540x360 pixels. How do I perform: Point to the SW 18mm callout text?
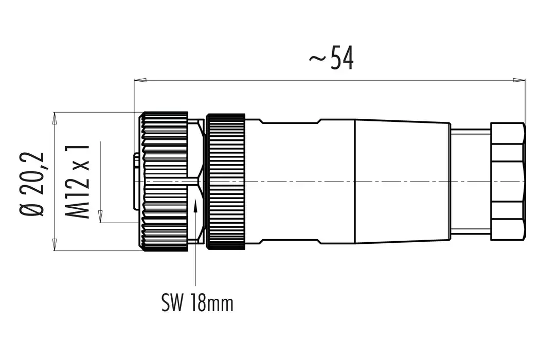197,303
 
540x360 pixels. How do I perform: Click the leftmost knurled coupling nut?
164,182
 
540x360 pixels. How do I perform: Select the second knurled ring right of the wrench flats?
225,182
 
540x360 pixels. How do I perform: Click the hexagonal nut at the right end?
508,182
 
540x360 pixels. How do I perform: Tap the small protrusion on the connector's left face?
136,182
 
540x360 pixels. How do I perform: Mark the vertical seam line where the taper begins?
355,182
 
